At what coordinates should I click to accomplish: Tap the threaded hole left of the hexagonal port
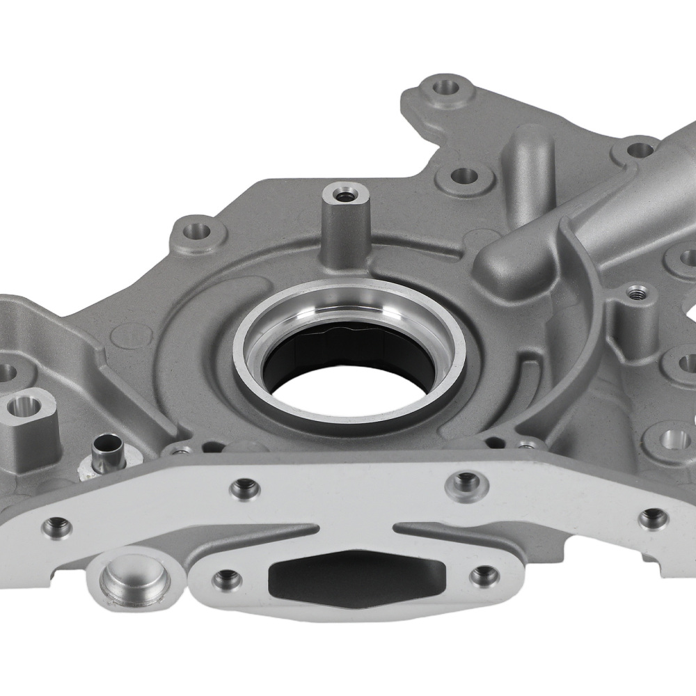pos(226,578)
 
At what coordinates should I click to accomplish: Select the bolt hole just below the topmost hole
pos(464,177)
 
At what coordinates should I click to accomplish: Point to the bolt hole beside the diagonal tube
pos(639,149)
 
